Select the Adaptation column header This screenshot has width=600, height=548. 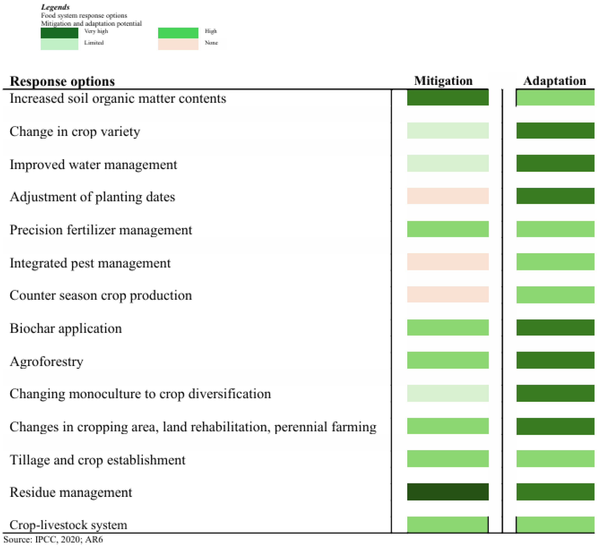click(555, 81)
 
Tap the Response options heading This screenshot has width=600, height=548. click(62, 81)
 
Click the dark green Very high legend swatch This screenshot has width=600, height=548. click(59, 33)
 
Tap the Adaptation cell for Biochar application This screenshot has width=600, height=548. click(555, 327)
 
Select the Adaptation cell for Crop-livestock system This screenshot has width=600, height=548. click(555, 525)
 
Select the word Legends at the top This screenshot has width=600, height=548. click(55, 7)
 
